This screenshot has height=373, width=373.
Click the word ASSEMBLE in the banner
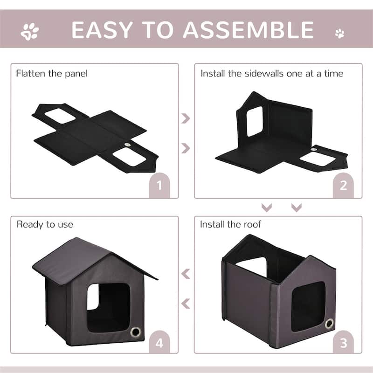click(248, 30)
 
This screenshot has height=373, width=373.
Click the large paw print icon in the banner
click(30, 32)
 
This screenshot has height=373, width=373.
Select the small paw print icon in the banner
click(340, 33)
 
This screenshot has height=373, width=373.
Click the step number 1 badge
click(159, 186)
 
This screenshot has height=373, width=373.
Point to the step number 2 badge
click(343, 186)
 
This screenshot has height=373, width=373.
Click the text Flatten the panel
click(52, 73)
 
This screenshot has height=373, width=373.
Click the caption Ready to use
click(45, 224)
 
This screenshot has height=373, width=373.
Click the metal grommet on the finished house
click(136, 332)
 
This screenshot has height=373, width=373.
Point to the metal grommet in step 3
click(329, 324)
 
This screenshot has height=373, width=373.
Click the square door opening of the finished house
click(108, 305)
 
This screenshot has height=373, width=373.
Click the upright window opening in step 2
click(255, 121)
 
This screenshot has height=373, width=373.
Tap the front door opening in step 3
click(308, 305)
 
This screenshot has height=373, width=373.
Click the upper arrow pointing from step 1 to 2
click(186, 118)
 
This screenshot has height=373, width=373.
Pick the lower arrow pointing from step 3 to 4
click(186, 304)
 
